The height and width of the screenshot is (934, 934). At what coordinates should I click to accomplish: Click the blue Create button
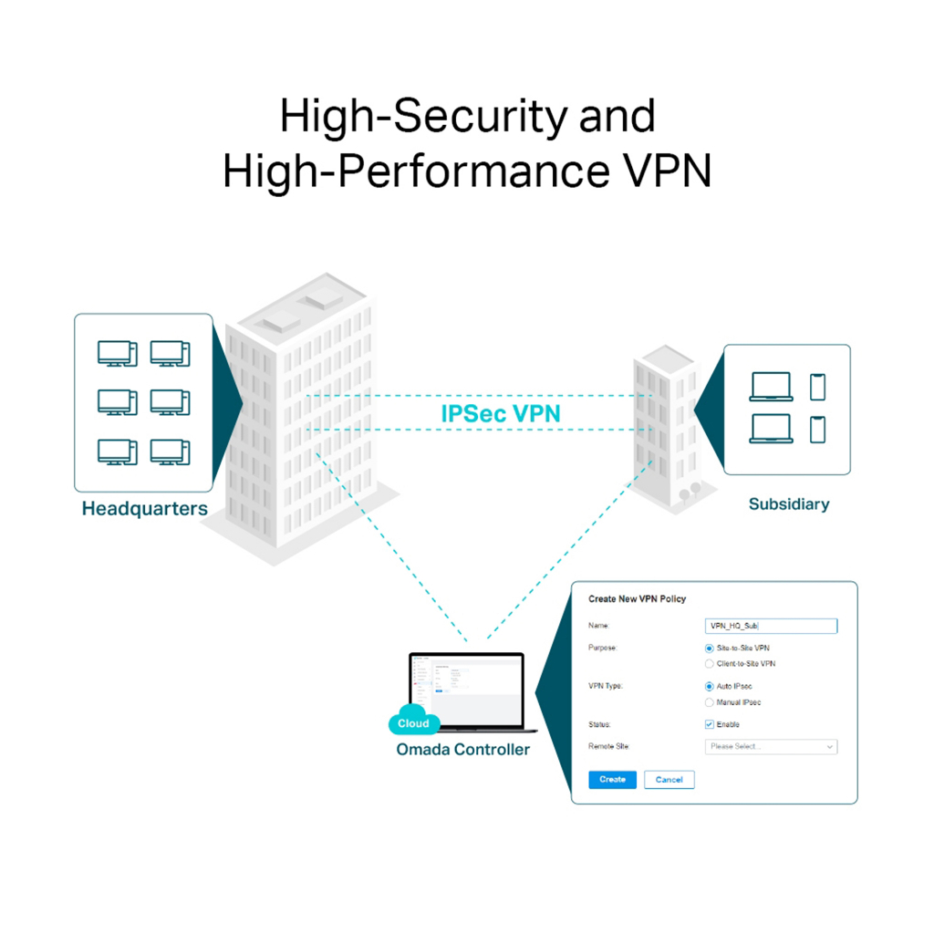pyautogui.click(x=612, y=780)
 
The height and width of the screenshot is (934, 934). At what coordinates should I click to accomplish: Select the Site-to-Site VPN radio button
pyautogui.click(x=710, y=648)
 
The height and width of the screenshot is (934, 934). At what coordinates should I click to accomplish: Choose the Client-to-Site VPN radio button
pyautogui.click(x=710, y=664)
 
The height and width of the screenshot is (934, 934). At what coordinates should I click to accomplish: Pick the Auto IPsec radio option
pyautogui.click(x=710, y=686)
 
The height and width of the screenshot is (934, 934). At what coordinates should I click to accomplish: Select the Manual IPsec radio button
pyautogui.click(x=710, y=702)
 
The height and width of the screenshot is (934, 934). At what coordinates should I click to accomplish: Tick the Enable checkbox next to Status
pyautogui.click(x=710, y=724)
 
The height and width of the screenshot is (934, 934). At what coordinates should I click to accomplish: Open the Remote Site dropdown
pyautogui.click(x=771, y=747)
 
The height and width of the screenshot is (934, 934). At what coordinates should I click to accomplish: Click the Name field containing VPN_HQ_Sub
pyautogui.click(x=771, y=626)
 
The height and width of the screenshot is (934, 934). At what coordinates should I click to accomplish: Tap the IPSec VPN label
pyautogui.click(x=501, y=413)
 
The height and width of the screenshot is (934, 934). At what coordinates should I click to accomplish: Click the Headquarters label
pyautogui.click(x=145, y=509)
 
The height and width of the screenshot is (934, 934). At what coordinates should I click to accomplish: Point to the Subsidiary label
pyautogui.click(x=789, y=503)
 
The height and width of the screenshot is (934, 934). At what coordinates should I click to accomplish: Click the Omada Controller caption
pyautogui.click(x=462, y=750)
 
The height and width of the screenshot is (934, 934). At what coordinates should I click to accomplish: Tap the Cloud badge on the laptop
pyautogui.click(x=414, y=723)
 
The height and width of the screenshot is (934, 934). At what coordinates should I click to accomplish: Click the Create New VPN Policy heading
pyautogui.click(x=637, y=599)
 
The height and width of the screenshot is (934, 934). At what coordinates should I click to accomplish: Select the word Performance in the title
pyautogui.click(x=466, y=171)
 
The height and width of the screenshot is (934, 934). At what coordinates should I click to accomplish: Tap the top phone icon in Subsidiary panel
pyautogui.click(x=817, y=387)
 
